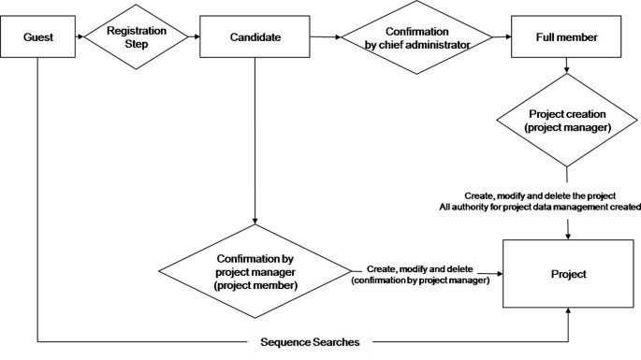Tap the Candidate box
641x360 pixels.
coord(255,37)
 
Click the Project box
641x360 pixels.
coord(568,275)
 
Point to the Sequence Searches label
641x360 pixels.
coord(309,342)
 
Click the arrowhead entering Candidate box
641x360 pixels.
coord(195,37)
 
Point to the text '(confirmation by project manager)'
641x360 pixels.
coord(420,280)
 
